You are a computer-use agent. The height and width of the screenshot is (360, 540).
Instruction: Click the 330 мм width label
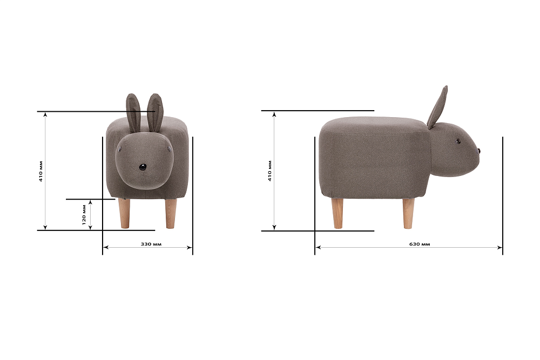[x=151, y=244]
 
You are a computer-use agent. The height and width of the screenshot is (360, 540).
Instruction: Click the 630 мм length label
[x=420, y=244]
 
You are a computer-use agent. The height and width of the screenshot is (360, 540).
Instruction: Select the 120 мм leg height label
[x=84, y=214]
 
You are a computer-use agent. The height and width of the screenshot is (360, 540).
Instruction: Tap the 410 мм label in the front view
[x=40, y=171]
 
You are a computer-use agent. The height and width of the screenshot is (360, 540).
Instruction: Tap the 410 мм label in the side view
[x=269, y=171]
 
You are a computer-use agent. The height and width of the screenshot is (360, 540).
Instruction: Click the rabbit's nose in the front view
[x=143, y=167]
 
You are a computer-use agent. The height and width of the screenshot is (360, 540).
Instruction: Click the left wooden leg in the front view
[x=125, y=213]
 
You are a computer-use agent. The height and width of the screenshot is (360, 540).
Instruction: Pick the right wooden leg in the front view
[x=171, y=213]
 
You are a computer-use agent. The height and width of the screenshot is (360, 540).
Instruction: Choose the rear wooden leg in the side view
[x=337, y=213]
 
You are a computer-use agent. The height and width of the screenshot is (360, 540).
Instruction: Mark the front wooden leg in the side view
[x=408, y=213]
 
